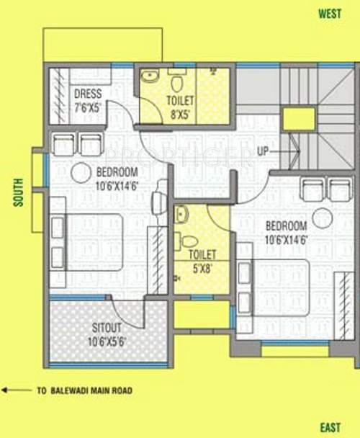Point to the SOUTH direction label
coord(19,192)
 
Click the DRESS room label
coord(88,94)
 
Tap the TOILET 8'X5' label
coord(179,100)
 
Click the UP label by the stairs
coord(264,152)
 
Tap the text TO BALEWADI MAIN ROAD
coord(84,391)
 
